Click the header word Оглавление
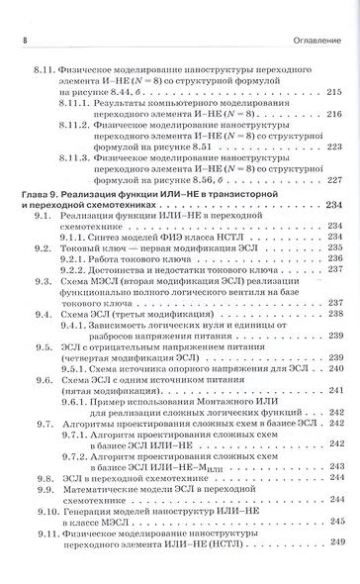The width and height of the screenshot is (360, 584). point(315,39)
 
